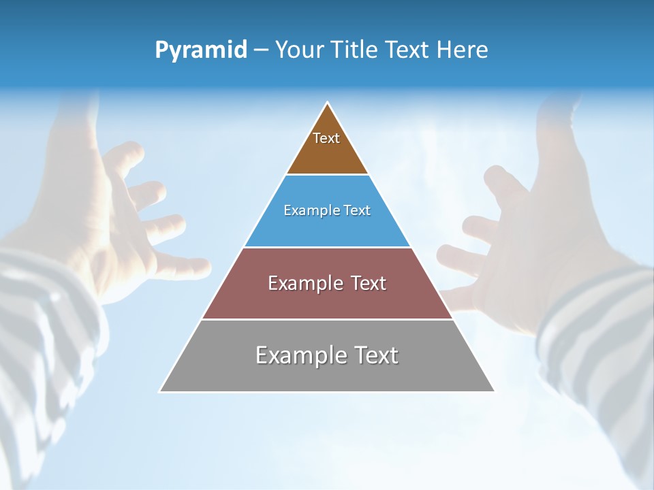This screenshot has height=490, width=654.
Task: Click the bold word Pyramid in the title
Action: (x=201, y=50)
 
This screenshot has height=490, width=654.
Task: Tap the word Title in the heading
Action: (x=357, y=50)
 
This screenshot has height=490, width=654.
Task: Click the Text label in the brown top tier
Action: (x=326, y=138)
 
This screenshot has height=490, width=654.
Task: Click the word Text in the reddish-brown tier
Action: (x=368, y=283)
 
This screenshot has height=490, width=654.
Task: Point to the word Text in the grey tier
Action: (x=376, y=355)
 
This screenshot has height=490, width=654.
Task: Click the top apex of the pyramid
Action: (x=328, y=103)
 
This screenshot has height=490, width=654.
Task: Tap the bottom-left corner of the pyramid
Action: (x=161, y=391)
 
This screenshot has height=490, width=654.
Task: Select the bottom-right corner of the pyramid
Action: (x=494, y=391)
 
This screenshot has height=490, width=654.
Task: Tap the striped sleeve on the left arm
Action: (x=41, y=327)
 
